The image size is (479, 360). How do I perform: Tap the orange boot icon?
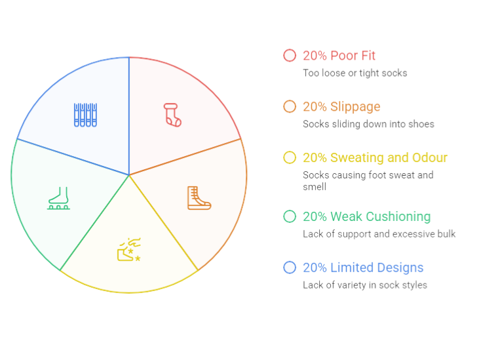[199, 198]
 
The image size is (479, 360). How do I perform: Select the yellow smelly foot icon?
[129, 250]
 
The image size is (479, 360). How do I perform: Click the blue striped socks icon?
[86, 115]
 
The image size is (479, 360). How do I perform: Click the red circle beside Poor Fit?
[290, 55]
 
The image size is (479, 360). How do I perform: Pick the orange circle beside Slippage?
[290, 106]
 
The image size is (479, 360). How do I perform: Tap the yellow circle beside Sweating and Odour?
[290, 157]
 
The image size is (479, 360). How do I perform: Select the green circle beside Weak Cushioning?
[290, 216]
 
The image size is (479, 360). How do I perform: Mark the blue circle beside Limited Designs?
[290, 268]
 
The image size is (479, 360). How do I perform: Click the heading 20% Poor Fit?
[339, 56]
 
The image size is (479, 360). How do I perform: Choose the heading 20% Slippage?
[341, 107]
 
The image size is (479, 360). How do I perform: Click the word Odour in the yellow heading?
[430, 157]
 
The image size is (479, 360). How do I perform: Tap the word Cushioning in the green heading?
[398, 217]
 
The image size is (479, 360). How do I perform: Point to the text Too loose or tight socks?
[355, 73]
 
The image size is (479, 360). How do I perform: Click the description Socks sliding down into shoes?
[368, 124]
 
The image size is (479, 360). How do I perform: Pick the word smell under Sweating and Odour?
[315, 187]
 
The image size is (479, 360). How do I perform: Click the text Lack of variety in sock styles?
[365, 285]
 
